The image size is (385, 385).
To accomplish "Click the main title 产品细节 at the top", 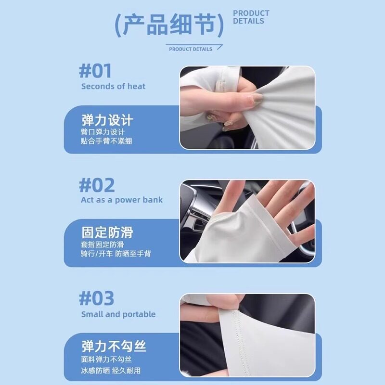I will [169, 26].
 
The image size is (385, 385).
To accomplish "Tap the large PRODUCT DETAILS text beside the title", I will [251, 17].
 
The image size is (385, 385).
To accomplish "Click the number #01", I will [95, 71].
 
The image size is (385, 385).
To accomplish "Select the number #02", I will [97, 185].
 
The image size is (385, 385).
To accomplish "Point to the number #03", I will [97, 298].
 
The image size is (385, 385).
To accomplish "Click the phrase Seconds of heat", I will [113, 87].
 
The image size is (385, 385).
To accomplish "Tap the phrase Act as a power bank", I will [122, 200].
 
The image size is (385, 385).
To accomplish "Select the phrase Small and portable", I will [118, 314].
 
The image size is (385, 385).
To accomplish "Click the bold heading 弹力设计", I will [107, 120].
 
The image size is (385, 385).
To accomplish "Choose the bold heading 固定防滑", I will [107, 233].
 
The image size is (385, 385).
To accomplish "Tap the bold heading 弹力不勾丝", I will [114, 346].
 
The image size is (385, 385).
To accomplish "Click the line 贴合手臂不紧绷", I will [106, 141].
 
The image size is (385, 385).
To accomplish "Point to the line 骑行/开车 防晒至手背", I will [115, 254].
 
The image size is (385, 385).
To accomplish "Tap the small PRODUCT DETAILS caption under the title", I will [191, 49].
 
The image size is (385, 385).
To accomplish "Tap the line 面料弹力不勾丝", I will [106, 359].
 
